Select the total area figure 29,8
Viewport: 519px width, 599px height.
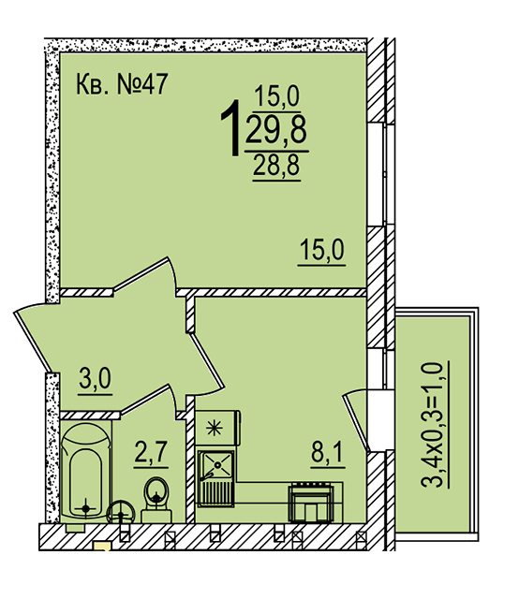[x=276, y=130]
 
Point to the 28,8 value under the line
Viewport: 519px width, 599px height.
[x=276, y=165]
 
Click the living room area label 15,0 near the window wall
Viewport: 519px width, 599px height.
[x=321, y=249]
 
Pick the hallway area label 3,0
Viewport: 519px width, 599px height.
[x=96, y=378]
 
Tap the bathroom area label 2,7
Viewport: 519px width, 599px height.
[x=151, y=451]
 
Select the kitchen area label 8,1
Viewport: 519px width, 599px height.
[x=328, y=452]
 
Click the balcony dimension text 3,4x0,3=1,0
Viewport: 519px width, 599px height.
[x=432, y=424]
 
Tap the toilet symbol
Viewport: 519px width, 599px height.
[x=156, y=500]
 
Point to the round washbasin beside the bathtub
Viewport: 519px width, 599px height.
[x=121, y=513]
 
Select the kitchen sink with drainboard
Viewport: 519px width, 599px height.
[x=215, y=478]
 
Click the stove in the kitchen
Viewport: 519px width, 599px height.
[x=311, y=503]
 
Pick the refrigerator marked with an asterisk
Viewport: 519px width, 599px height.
[x=217, y=428]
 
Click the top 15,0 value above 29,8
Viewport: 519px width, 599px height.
[x=276, y=95]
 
